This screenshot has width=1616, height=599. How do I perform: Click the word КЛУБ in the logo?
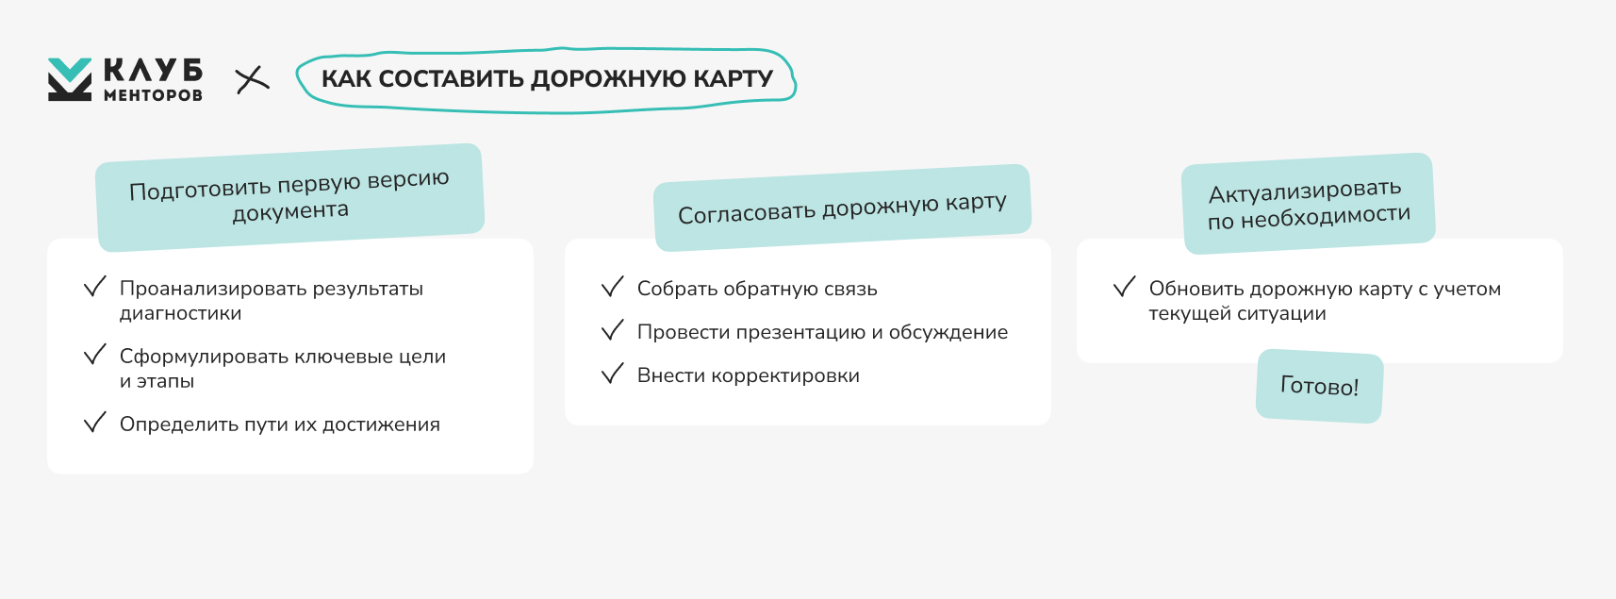153,71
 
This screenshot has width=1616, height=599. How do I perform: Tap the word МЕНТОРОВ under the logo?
153,95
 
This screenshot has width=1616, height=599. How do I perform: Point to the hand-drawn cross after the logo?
253,79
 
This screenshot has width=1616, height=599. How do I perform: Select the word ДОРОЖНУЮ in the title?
609,78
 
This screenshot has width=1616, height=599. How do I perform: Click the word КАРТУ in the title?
734,78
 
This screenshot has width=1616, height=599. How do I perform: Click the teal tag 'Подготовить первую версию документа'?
290,197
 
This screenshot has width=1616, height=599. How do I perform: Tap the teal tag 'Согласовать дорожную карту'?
843,208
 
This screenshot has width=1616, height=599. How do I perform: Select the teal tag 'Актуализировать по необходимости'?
1309,204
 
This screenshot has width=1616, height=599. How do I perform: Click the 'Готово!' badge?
1320,386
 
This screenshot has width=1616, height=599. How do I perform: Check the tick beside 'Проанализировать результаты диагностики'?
94,287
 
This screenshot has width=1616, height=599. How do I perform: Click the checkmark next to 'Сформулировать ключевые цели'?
94,355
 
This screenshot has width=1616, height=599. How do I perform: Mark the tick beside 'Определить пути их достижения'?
94,423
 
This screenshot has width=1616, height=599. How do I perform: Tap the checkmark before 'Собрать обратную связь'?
613,287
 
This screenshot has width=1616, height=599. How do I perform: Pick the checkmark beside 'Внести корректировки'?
613,374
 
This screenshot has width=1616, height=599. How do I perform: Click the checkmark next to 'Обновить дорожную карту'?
1124,287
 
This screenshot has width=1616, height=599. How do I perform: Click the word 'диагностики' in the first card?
180,314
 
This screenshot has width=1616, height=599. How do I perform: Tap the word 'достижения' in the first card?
381,424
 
